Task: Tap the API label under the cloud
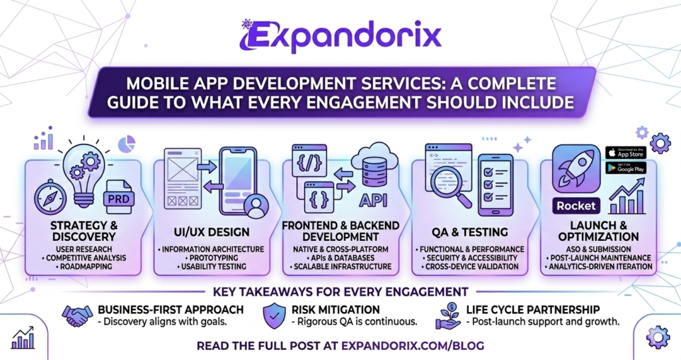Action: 373,200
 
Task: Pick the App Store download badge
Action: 625,152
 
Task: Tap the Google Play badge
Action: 625,168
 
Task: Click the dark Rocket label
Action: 576,206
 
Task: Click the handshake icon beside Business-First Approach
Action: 77,315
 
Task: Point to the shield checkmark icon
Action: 274,315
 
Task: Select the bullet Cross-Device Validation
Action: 466,266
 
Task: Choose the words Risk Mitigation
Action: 336,309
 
